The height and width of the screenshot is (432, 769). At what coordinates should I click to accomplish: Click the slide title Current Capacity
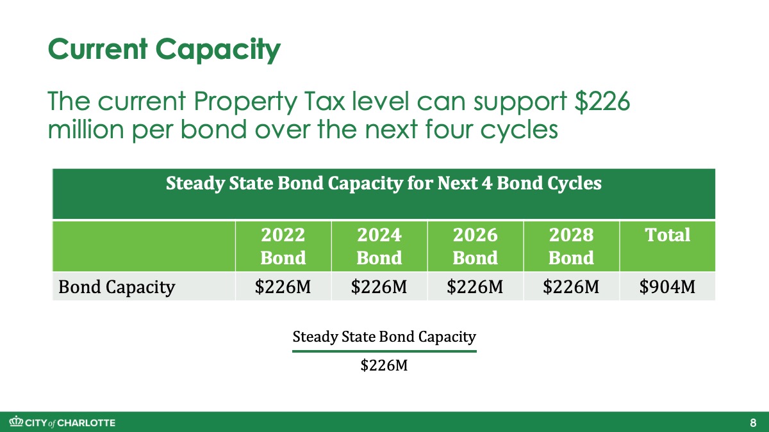165,50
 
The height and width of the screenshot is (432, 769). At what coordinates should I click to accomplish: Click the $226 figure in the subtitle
602,102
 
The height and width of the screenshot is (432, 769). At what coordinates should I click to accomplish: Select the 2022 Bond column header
283,246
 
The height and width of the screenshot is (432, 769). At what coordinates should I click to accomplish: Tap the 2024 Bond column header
379,246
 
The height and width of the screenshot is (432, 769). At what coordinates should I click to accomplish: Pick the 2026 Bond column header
475,246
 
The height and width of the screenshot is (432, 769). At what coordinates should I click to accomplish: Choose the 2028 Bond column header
571,246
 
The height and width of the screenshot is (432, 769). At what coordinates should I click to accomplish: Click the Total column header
668,236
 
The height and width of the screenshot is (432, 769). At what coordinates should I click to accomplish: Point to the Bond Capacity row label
117,287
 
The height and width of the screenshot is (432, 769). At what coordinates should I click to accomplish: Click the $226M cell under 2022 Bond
283,287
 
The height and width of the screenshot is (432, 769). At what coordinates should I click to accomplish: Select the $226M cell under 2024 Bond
379,287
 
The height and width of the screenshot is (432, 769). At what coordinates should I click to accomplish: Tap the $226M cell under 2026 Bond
475,287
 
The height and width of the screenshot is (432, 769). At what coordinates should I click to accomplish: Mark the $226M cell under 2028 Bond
571,287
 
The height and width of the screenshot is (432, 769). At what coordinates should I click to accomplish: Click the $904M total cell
667,287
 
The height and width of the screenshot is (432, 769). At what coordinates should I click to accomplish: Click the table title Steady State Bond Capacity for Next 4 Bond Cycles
384,183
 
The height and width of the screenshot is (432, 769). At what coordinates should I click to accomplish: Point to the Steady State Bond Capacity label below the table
384,337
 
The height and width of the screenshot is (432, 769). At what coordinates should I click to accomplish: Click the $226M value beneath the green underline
384,365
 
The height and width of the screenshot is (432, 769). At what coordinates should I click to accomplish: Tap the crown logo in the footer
16,422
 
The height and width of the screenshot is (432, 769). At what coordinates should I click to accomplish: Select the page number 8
753,423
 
